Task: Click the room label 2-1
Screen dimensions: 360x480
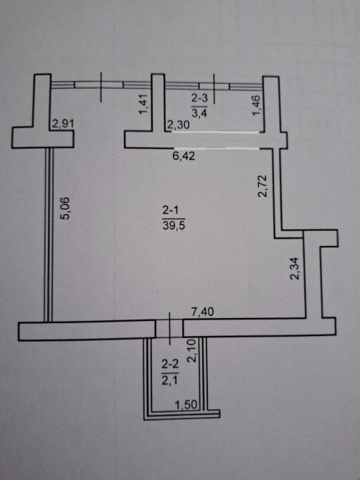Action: point(173,211)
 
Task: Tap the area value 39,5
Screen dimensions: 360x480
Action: point(174,226)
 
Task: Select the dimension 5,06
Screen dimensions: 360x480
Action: point(65,208)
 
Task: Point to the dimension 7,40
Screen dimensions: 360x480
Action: point(202,312)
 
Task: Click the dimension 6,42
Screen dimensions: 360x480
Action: point(184,156)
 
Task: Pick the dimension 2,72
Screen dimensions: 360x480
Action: point(263,186)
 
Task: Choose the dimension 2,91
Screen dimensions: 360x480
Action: point(63,124)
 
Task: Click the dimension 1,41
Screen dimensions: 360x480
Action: point(143,105)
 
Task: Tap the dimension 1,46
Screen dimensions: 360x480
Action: point(256,105)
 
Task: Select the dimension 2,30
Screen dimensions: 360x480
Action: point(178,125)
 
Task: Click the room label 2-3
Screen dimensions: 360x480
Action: point(199,99)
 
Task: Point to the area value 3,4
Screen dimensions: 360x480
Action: point(199,112)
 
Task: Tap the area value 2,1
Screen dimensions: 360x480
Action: point(170,380)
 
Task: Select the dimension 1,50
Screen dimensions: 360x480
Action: point(186,405)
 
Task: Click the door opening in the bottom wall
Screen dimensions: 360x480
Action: point(169,328)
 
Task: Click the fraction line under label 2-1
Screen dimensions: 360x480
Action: point(174,219)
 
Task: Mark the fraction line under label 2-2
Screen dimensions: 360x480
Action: point(170,373)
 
